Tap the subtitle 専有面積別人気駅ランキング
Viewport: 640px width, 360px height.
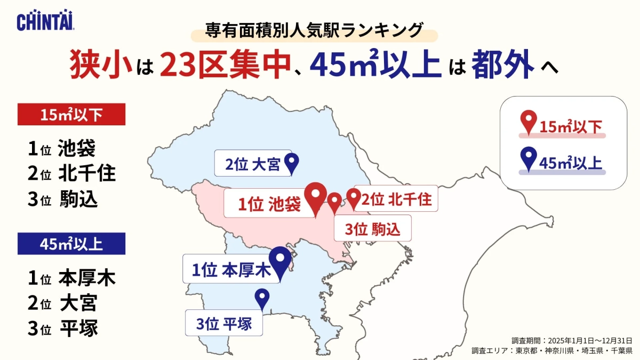click(315, 30)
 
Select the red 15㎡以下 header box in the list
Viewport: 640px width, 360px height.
click(71, 114)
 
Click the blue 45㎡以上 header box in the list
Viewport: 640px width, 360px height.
click(71, 244)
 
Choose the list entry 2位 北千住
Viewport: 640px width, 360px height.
click(71, 173)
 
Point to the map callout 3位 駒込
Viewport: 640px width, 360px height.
click(372, 229)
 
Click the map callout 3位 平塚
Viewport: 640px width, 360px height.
click(224, 323)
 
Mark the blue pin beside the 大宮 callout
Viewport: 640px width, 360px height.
click(292, 163)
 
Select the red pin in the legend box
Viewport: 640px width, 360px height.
click(528, 122)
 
